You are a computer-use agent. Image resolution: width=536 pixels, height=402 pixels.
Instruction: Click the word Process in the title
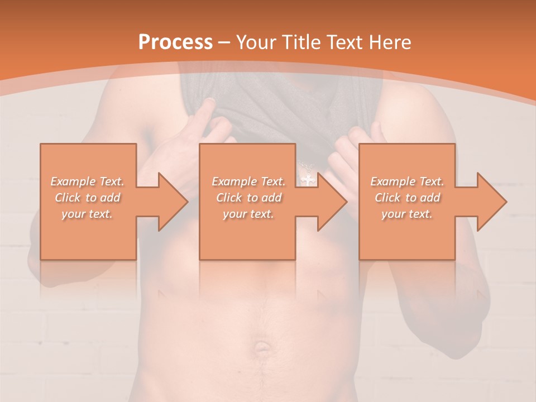tap(175, 42)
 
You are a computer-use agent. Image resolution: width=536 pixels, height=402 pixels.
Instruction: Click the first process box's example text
tap(88, 198)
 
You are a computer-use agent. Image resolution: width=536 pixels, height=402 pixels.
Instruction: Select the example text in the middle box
tap(248, 198)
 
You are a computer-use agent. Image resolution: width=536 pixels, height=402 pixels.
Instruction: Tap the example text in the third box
tap(407, 198)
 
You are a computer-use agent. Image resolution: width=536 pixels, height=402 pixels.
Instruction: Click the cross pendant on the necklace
tap(307, 179)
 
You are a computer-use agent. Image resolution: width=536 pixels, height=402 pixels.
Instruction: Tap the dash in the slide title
tap(224, 42)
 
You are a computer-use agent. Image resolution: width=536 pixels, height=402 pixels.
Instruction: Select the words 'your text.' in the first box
tap(88, 214)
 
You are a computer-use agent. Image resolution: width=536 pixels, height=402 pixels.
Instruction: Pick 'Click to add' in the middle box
tap(248, 198)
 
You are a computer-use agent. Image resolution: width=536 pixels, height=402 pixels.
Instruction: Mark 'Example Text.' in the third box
tap(407, 181)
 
